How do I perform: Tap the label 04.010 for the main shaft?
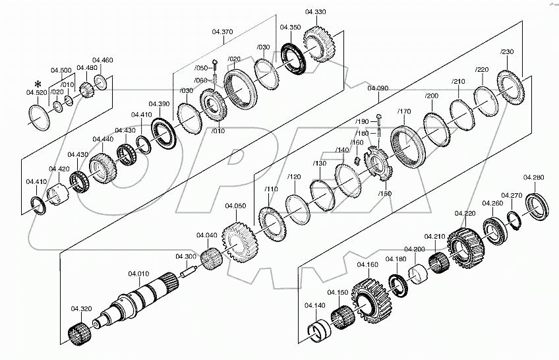coord(138,273)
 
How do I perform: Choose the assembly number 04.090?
coord(378,88)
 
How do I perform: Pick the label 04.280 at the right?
coord(533,177)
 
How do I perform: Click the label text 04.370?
coord(223,31)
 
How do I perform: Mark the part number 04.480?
coord(86,68)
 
